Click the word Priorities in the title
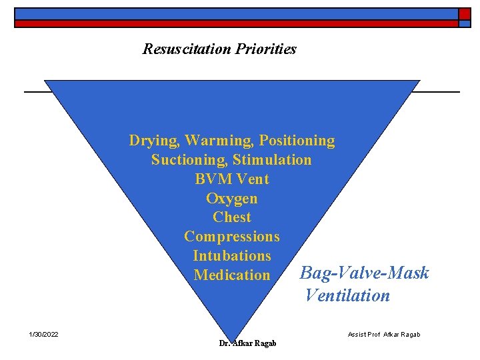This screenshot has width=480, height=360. tap(266, 49)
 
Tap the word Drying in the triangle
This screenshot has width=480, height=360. tap(154, 141)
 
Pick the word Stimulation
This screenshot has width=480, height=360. tap(272, 160)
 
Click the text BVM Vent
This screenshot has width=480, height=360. tap(232, 179)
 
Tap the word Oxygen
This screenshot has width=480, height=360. tap(232, 199)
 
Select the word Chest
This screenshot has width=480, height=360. tap(232, 217)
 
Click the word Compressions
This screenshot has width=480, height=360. tap(232, 236)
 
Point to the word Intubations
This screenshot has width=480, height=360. tap(232, 255)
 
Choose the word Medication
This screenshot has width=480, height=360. tap(232, 275)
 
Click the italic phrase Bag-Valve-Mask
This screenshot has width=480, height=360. tap(365, 273)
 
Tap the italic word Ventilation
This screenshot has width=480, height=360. tap(347, 295)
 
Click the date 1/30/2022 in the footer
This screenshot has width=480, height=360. tap(43, 334)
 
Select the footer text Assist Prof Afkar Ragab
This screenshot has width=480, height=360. tap(384, 334)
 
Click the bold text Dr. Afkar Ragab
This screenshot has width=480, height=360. tap(247, 343)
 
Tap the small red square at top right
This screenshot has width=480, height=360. tap(464, 13)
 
